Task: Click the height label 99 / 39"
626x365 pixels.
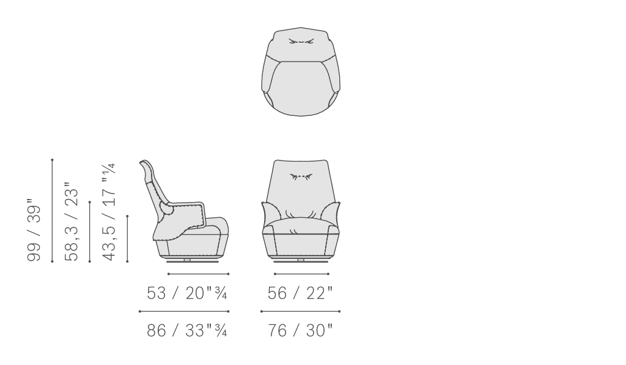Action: pyautogui.click(x=34, y=229)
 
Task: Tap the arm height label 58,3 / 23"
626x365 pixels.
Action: pyautogui.click(x=72, y=222)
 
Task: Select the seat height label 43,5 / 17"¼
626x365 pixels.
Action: pyautogui.click(x=109, y=212)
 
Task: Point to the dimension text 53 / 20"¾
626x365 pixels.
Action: pyautogui.click(x=187, y=293)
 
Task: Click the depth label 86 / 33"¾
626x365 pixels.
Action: pyautogui.click(x=187, y=331)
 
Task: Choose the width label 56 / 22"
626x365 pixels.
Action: pyautogui.click(x=300, y=293)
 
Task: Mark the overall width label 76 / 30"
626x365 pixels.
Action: pyautogui.click(x=300, y=331)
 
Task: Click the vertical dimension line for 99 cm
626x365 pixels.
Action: pyautogui.click(x=53, y=211)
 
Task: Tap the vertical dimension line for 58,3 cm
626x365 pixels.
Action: pyautogui.click(x=90, y=232)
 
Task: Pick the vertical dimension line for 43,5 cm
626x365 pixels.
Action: pyautogui.click(x=127, y=239)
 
